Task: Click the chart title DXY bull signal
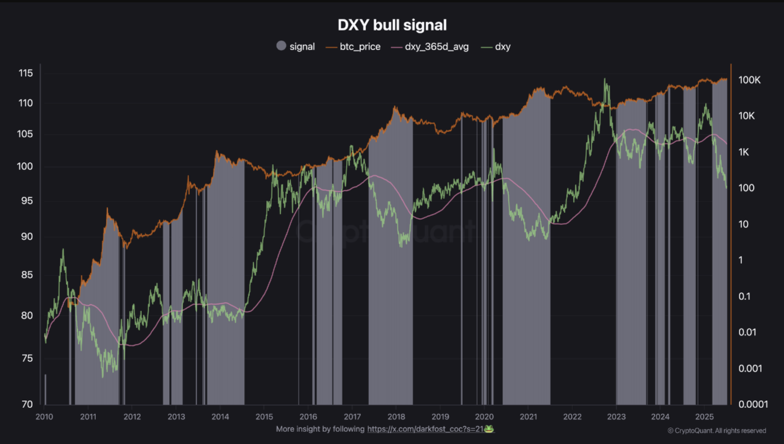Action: click(x=392, y=25)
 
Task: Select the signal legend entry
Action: click(x=295, y=46)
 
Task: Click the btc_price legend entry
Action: click(x=353, y=47)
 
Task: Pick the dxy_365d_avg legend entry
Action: click(x=430, y=47)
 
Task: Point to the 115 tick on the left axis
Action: click(x=26, y=73)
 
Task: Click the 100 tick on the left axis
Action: click(x=25, y=166)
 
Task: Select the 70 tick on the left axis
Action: click(x=27, y=404)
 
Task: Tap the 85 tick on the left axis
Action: click(x=27, y=275)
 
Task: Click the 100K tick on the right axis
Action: click(x=749, y=80)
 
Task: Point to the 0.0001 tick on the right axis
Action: click(x=753, y=404)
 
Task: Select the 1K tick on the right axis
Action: click(x=744, y=152)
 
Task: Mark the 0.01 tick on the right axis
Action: click(x=747, y=332)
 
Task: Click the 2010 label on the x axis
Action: click(x=44, y=417)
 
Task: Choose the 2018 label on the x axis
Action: click(x=396, y=417)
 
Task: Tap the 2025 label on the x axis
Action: click(x=704, y=417)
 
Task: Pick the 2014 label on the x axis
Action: click(x=220, y=417)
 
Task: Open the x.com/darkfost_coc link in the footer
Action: click(x=425, y=429)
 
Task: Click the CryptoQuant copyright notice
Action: click(x=716, y=431)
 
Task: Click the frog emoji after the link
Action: click(x=489, y=429)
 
